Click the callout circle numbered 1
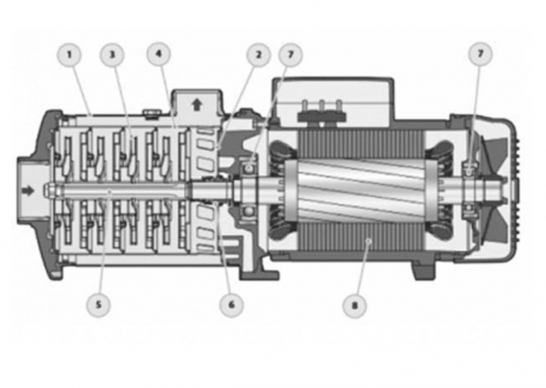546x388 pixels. coord(69,55)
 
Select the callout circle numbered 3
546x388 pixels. coord(112,55)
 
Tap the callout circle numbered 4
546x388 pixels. coord(159,55)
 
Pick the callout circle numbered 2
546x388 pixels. coord(258,55)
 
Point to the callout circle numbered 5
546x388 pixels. coord(99,305)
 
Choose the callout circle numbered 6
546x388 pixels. coord(231,305)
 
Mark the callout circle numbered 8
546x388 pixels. coord(355,305)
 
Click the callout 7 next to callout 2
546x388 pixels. coord(290,55)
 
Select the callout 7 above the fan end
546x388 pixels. coord(481,55)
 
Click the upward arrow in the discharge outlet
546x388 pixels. coord(197,105)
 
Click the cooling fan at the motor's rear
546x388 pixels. coord(490,188)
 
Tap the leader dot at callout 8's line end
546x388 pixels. coord(368,240)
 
